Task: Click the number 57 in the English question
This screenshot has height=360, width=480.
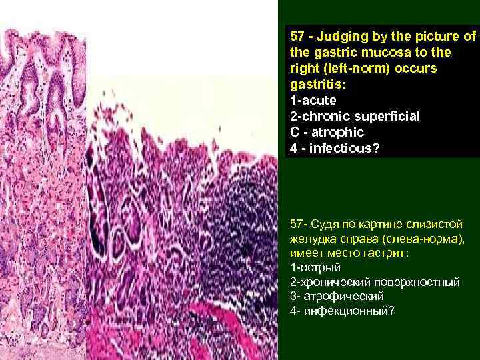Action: coord(297,35)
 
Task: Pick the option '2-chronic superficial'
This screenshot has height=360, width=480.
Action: coord(355,117)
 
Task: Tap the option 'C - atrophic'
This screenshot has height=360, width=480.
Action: coord(327,133)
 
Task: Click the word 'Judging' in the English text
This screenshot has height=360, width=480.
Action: coord(341,35)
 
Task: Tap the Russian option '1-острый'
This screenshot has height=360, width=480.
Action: coord(315,267)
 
